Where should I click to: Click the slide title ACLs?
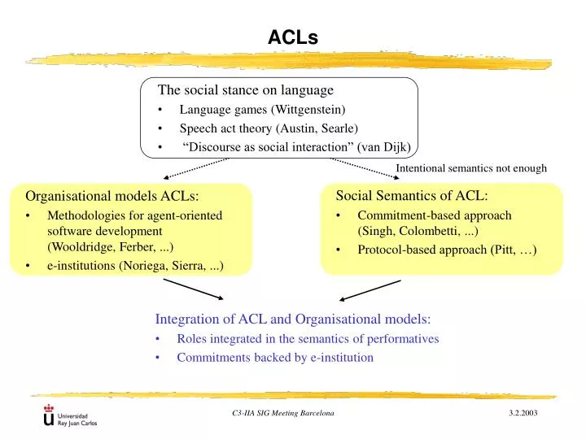click(x=293, y=37)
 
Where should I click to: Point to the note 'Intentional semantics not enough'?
click(x=470, y=168)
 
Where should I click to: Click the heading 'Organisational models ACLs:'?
click(x=112, y=195)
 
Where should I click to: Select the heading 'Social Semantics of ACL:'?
click(x=412, y=195)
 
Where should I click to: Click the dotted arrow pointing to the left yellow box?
click(x=195, y=167)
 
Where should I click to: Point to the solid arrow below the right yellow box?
click(x=370, y=290)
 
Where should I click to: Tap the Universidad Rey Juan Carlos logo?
click(x=71, y=418)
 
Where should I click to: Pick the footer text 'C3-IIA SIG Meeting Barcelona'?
click(x=282, y=415)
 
